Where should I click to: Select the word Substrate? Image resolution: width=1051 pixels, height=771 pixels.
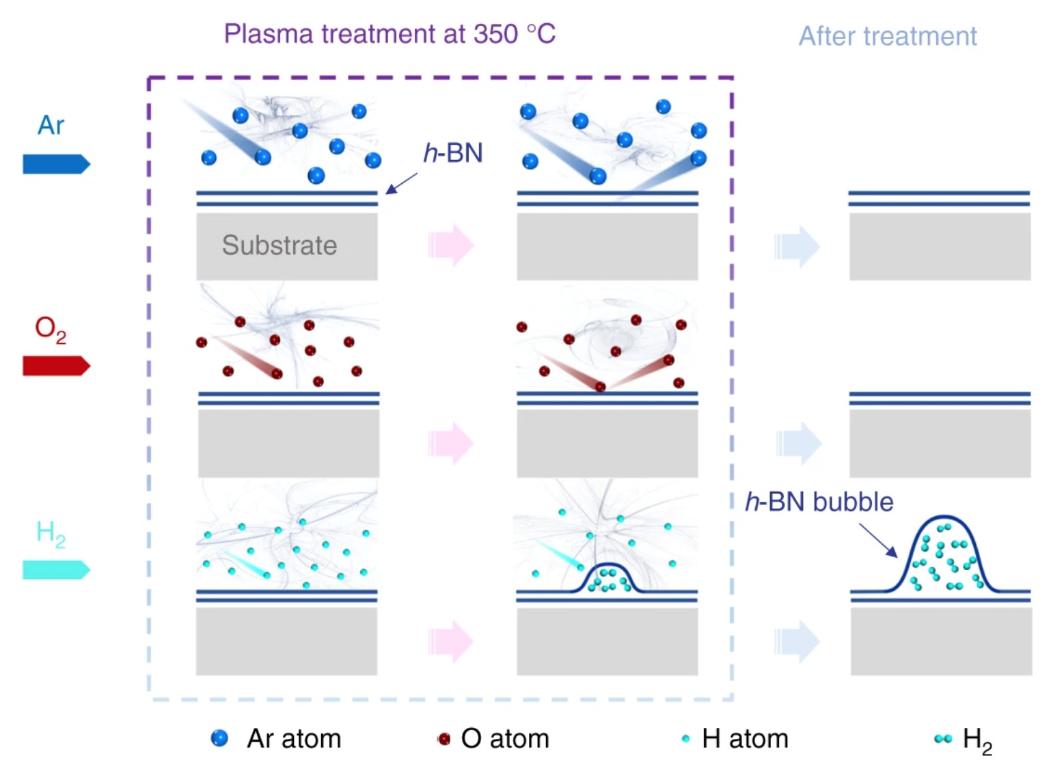coord(279,245)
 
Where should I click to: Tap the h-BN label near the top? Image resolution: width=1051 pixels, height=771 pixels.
coord(453,153)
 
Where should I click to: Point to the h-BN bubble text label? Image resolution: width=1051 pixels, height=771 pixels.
coord(819,502)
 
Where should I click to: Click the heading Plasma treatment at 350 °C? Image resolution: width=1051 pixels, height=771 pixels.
coord(390,33)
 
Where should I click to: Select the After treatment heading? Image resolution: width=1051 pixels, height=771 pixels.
coord(888,36)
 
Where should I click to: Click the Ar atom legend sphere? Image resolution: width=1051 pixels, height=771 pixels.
coord(219,738)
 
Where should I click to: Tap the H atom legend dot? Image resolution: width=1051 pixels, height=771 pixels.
coord(685,739)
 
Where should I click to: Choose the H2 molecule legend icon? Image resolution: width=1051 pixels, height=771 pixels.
coord(943,739)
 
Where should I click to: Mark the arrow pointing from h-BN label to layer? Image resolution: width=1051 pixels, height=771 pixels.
coord(401,183)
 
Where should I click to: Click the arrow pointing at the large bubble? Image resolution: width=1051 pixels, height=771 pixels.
coord(878,541)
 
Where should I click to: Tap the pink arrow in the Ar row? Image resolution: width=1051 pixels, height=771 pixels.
coord(450,245)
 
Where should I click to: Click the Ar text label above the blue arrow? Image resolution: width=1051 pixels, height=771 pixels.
coord(51,126)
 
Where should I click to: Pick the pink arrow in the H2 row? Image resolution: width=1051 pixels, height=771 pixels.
coord(450,641)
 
